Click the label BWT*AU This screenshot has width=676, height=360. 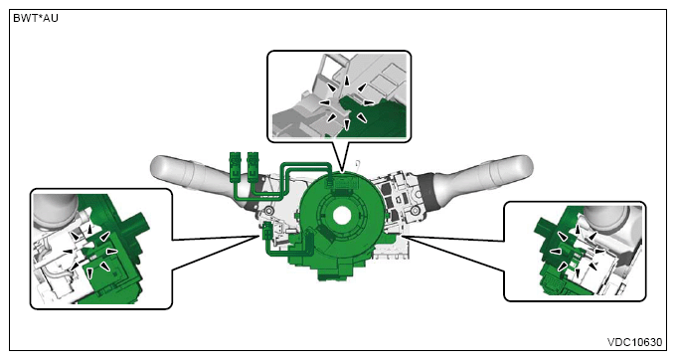point(36,19)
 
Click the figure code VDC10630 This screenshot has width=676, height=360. point(634,342)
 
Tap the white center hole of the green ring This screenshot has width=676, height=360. point(342,215)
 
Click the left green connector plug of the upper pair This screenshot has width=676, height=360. point(235,165)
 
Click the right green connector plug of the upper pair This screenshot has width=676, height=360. point(253,165)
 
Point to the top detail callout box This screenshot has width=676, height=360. point(339,96)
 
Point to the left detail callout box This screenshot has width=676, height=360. point(101,249)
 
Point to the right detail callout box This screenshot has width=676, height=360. point(575,251)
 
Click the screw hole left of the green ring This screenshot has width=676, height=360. point(269,211)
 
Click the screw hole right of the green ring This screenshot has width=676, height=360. point(415,211)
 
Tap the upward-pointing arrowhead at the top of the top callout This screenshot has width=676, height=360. point(347,81)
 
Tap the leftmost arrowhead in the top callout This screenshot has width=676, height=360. point(324,102)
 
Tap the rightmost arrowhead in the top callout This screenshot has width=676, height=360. point(369,102)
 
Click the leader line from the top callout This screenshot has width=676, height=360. point(337,156)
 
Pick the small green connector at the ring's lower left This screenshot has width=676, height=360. point(266,232)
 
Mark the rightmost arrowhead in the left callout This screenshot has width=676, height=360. point(112,251)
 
